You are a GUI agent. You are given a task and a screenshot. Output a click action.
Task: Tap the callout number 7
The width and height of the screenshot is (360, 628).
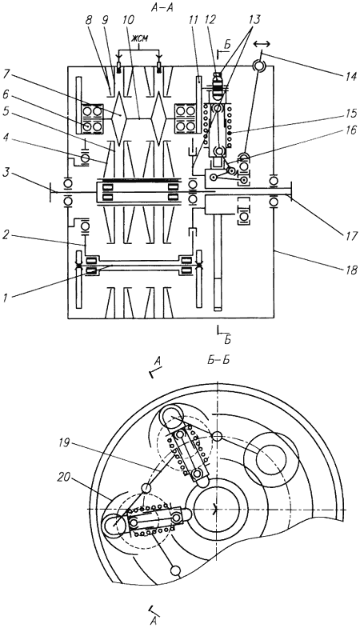pos(6,75)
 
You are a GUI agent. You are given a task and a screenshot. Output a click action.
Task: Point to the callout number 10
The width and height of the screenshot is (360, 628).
pos(130,21)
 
